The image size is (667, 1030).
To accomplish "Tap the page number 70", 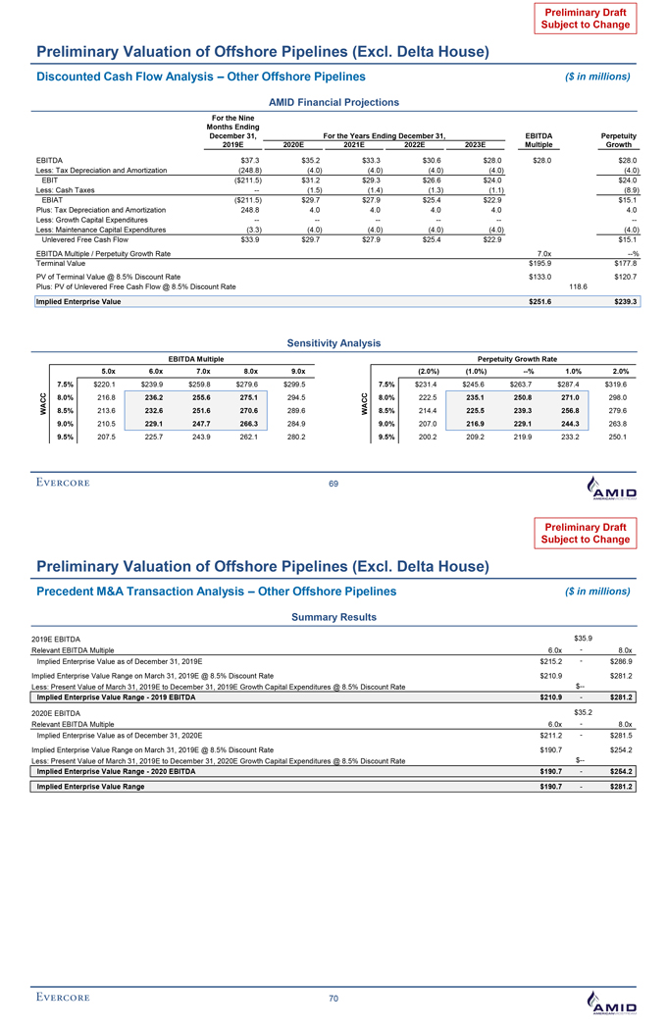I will coord(333,999).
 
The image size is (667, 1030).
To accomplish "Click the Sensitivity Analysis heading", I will coord(333,342).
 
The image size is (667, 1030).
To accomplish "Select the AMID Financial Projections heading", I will coord(333,102).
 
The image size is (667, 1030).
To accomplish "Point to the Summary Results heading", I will coord(333,616).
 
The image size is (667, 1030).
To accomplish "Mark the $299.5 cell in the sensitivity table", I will coord(292,384).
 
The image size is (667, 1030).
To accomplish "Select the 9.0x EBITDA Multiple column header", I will coord(293,370).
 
